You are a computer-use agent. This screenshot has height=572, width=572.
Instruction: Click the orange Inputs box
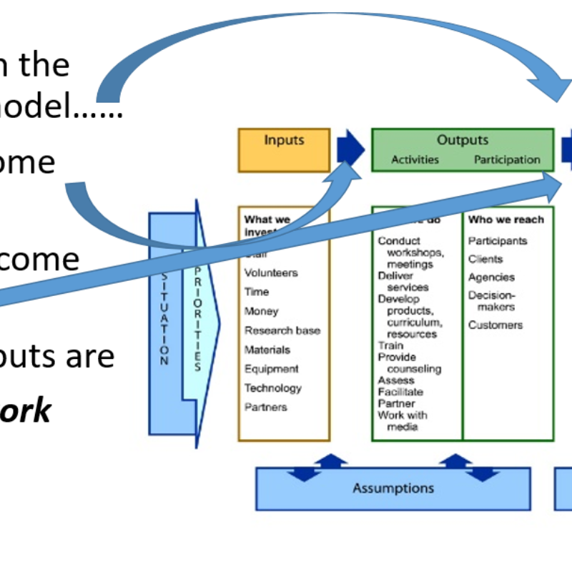pyautogui.click(x=284, y=149)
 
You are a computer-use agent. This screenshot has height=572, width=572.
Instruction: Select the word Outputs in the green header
pyautogui.click(x=463, y=140)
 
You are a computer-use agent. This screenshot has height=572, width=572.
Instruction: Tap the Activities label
pyautogui.click(x=415, y=159)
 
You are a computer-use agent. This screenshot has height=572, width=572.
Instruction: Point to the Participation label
pyautogui.click(x=507, y=159)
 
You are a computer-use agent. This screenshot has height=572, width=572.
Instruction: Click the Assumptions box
pyautogui.click(x=393, y=488)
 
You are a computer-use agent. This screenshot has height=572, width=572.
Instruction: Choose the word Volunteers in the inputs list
pyautogui.click(x=271, y=272)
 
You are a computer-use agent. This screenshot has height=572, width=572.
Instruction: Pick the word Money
pyautogui.click(x=261, y=311)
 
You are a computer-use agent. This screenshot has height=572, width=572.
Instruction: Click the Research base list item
pyautogui.click(x=282, y=330)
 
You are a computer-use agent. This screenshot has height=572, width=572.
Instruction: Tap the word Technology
pyautogui.click(x=273, y=388)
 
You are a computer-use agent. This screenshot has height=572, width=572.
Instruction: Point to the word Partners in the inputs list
pyautogui.click(x=266, y=408)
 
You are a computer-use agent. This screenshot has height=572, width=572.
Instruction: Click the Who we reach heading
pyautogui.click(x=506, y=220)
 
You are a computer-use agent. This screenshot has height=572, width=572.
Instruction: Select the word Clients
pyautogui.click(x=485, y=259)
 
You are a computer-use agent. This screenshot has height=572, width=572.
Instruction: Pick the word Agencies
pyautogui.click(x=491, y=277)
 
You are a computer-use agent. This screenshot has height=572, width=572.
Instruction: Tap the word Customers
pyautogui.click(x=495, y=325)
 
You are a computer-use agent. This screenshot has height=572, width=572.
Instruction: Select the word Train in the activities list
pyautogui.click(x=390, y=345)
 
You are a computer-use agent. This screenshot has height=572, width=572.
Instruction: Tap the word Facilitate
pyautogui.click(x=400, y=392)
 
